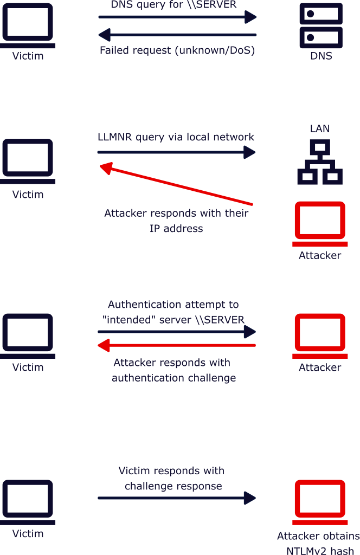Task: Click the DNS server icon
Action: point(321,25)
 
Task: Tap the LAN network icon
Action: point(320,162)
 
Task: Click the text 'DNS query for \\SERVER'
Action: point(174,4)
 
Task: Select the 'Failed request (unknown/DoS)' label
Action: point(177,50)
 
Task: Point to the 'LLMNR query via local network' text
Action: point(176,137)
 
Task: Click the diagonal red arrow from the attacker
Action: point(176,184)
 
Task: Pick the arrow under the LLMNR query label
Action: point(177,152)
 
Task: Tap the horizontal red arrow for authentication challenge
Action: point(177,345)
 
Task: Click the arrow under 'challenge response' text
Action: point(177,498)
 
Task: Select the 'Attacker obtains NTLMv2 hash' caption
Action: point(319,543)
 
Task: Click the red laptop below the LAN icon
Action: point(320,224)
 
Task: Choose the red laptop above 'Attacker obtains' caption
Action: point(320,502)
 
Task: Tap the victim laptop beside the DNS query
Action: point(28,25)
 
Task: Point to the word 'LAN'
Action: point(320,128)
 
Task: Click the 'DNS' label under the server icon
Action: point(321,56)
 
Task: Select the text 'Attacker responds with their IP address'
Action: point(176,221)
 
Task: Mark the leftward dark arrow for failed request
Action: point(177,35)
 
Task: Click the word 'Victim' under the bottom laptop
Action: point(28,533)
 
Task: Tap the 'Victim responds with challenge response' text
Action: point(172,478)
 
